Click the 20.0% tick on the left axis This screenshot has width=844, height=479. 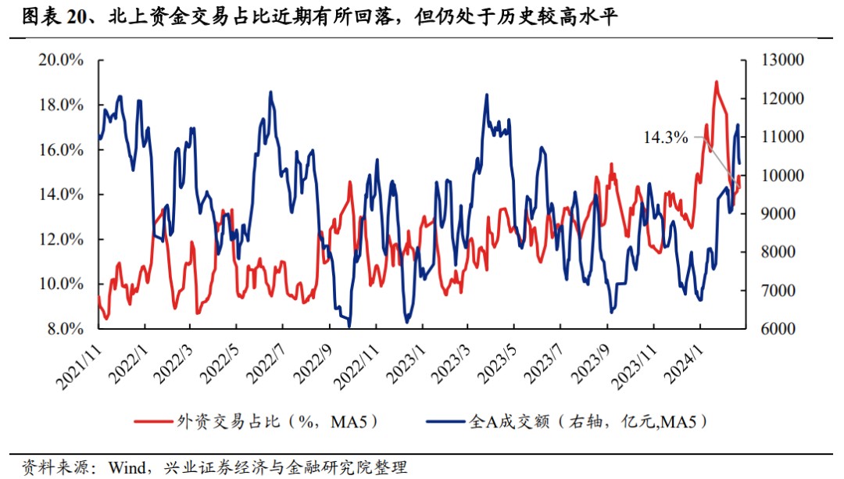pos(61,60)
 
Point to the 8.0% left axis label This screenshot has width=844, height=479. pos(64,329)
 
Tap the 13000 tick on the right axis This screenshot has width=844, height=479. pos(776,60)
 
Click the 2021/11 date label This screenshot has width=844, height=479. pos(80,361)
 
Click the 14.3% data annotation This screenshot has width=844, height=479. pos(665,138)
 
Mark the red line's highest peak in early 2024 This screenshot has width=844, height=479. pos(715,81)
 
